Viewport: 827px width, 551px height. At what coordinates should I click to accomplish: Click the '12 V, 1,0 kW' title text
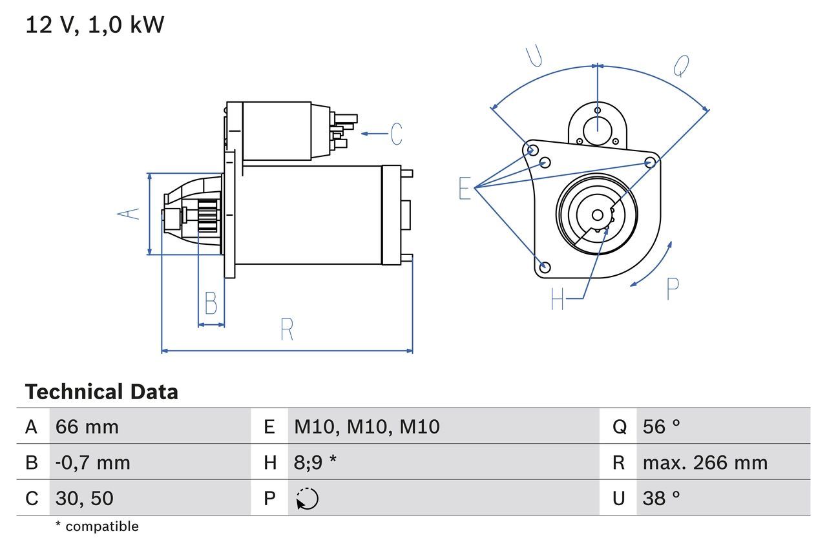(95, 25)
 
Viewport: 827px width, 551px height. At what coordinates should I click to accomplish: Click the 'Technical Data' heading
(101, 392)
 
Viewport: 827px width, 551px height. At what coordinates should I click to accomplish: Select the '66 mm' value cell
(87, 426)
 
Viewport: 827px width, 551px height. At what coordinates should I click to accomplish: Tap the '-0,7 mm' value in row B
(93, 463)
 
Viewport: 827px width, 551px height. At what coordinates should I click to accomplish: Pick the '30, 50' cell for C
(85, 498)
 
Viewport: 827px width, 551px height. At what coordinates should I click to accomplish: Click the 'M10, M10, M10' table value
(367, 426)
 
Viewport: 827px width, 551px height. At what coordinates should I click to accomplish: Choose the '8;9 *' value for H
(316, 463)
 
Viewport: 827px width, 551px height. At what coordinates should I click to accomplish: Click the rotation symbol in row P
(308, 499)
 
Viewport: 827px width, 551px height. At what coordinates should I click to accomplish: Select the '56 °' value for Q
(662, 426)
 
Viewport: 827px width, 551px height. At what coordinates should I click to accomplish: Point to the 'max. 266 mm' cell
(705, 463)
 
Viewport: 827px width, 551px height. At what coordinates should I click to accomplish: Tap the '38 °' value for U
(662, 498)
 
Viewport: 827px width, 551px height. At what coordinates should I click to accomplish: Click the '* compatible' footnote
(97, 526)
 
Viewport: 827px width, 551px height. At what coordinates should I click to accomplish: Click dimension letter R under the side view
(288, 330)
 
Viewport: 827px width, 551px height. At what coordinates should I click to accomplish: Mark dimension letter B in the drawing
(211, 303)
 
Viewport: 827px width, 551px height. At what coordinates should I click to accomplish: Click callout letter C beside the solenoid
(396, 134)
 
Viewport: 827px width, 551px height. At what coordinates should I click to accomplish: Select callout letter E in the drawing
(465, 189)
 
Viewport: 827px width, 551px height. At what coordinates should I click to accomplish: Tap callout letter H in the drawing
(558, 298)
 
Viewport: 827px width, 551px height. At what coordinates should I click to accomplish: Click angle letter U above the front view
(534, 56)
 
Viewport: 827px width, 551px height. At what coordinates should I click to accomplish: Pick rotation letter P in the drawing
(673, 289)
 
